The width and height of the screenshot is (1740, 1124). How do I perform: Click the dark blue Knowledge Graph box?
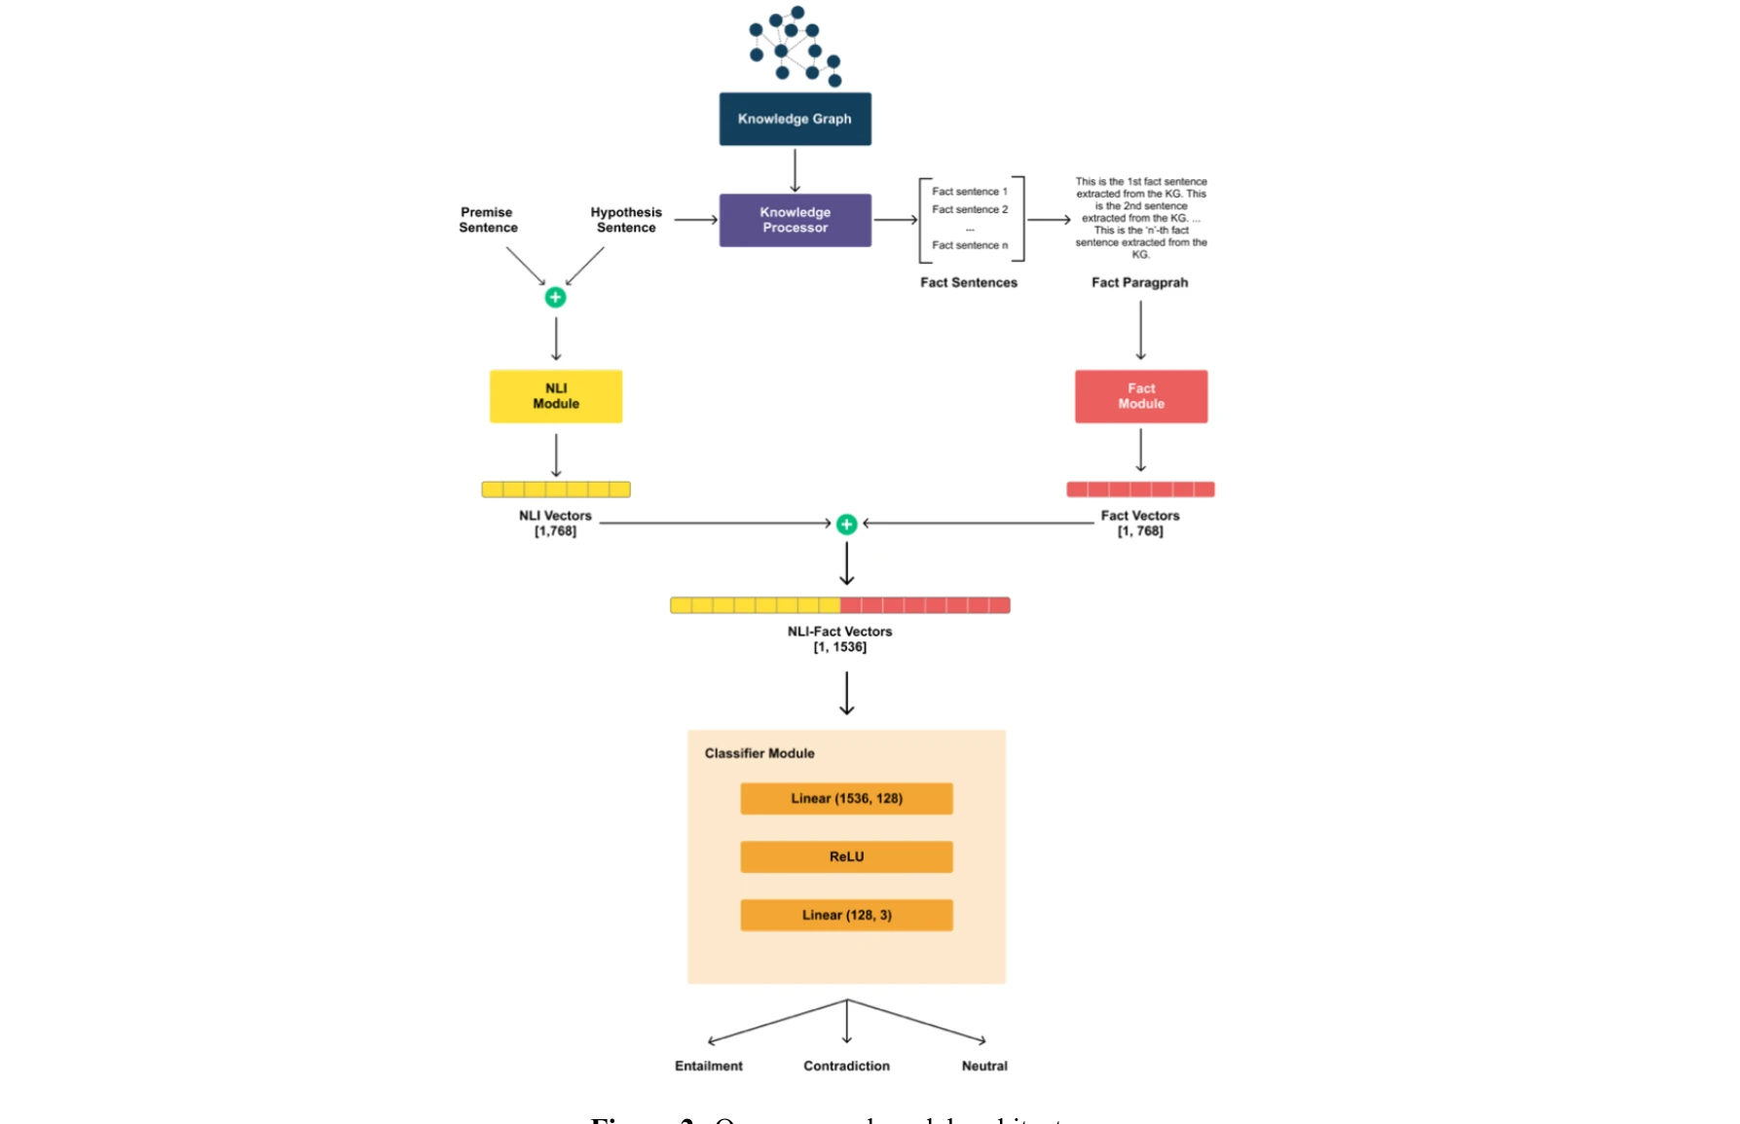(795, 119)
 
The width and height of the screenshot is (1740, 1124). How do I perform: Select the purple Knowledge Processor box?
(795, 220)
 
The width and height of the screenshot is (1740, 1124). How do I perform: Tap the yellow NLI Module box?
(555, 396)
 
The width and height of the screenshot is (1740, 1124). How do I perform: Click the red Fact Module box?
(1140, 396)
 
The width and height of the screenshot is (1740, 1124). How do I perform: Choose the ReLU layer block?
(846, 856)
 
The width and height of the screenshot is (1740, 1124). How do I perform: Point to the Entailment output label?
(708, 1066)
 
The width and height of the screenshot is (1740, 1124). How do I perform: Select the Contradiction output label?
(846, 1066)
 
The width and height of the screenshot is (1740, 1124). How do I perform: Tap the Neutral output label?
(983, 1066)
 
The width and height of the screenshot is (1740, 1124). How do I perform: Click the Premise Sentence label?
(488, 220)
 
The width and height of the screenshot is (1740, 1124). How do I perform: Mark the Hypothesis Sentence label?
(626, 220)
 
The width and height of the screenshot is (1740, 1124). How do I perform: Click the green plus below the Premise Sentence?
(555, 298)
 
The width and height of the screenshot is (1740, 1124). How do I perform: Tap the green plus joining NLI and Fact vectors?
(846, 525)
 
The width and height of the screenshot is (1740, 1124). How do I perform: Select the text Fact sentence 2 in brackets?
(970, 209)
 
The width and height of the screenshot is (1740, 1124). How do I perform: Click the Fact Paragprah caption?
(1139, 282)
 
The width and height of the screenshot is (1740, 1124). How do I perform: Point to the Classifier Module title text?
(759, 753)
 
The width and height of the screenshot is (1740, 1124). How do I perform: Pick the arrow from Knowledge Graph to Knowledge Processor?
(795, 170)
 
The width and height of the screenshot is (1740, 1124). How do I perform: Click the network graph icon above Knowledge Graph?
(795, 45)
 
